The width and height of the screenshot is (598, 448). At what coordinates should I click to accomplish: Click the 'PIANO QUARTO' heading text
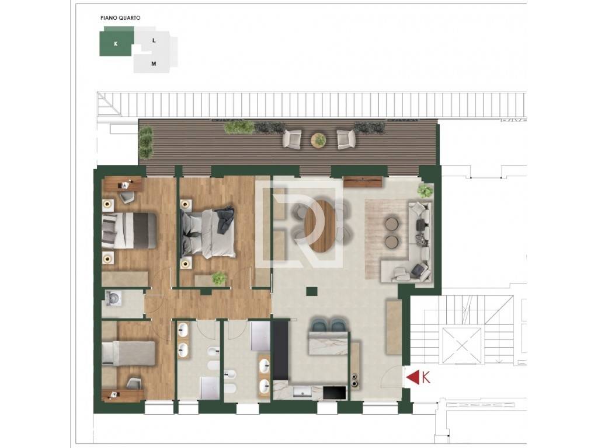[x=120, y=18]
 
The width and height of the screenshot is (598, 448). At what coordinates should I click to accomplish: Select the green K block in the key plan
[x=116, y=43]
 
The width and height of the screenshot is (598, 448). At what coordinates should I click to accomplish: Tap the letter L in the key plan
[x=154, y=40]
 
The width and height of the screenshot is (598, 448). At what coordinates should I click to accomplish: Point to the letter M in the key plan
[x=154, y=64]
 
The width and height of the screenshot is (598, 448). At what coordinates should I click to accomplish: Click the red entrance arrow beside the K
[x=412, y=377]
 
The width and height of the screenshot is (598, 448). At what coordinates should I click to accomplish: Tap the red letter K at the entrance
[x=426, y=377]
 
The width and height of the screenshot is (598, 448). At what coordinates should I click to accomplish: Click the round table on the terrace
[x=318, y=140]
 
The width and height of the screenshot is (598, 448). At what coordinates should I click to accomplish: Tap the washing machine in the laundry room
[x=113, y=299]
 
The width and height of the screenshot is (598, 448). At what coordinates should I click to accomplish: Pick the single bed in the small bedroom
[x=128, y=353]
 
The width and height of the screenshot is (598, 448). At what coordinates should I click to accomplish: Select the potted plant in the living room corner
[x=425, y=190]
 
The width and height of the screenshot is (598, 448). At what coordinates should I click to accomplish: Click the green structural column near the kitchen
[x=312, y=291]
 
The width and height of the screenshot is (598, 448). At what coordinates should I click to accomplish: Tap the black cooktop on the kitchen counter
[x=335, y=393]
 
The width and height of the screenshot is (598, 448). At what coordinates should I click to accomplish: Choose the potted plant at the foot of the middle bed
[x=220, y=278]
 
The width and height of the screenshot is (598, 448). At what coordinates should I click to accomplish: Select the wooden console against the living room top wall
[x=363, y=182]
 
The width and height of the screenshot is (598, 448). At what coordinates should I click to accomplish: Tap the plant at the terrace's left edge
[x=146, y=142]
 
